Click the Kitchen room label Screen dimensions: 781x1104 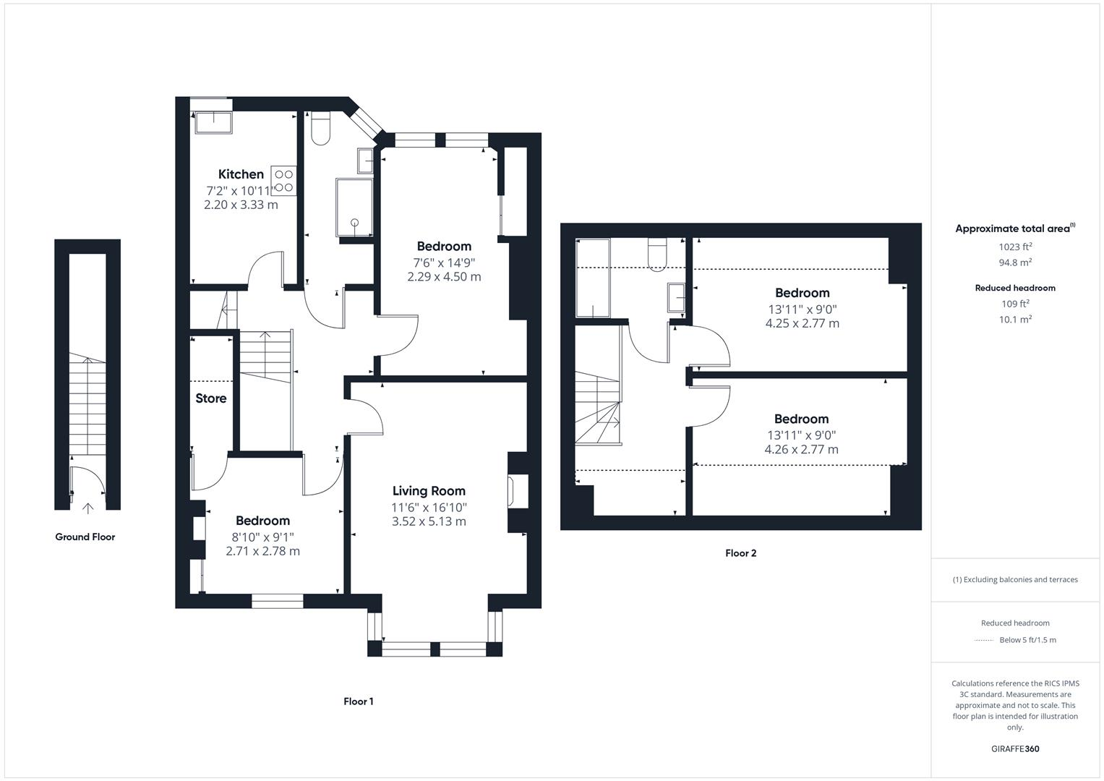coord(241,174)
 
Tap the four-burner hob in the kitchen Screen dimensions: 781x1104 coord(283,180)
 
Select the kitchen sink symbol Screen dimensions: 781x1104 coord(213,122)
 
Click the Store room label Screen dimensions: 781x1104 coord(210,398)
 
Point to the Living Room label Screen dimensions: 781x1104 coord(429,491)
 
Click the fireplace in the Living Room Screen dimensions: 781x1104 coord(518,491)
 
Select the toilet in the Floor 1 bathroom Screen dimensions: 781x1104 coord(319,128)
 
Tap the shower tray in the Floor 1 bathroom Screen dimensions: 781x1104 coord(354,208)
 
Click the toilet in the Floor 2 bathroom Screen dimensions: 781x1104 coord(657,254)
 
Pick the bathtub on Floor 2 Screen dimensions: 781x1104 coord(592,278)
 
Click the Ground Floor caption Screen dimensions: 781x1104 coord(85,537)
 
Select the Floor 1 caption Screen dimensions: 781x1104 coord(359,701)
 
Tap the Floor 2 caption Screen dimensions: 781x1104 coord(741,553)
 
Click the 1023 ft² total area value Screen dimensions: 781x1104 coord(1015,247)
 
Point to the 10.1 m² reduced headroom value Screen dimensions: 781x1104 coord(1015,320)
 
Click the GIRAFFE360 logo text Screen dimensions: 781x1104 coord(1015,749)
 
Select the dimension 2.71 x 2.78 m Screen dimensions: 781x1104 coord(262,551)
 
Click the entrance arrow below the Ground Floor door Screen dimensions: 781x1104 coord(88,508)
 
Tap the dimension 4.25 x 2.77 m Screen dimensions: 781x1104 coord(802,323)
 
